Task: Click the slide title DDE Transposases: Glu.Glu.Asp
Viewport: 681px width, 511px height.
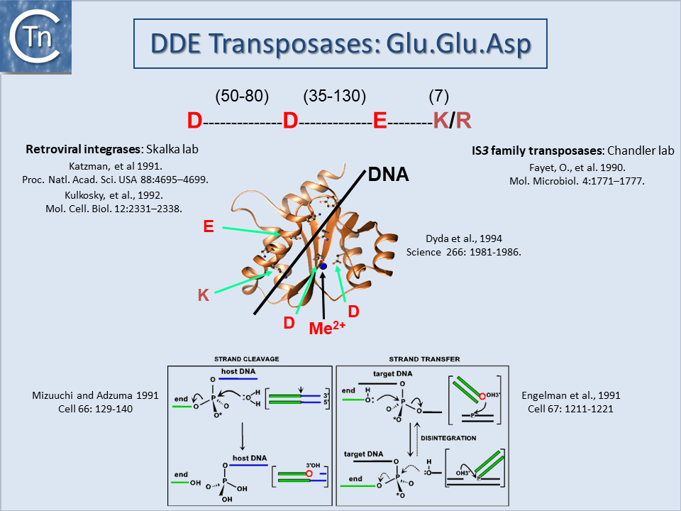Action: click(x=341, y=45)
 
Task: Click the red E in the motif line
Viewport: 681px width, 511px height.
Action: click(x=380, y=121)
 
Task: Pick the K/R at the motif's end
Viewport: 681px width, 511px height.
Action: click(x=452, y=121)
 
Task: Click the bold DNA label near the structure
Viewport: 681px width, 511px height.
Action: click(x=389, y=174)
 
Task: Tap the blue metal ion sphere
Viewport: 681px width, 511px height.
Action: click(x=323, y=266)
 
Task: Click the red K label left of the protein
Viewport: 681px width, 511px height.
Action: click(x=204, y=295)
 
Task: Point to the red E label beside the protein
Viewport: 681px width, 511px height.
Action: click(x=209, y=226)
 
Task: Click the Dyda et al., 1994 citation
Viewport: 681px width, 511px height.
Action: click(x=463, y=245)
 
